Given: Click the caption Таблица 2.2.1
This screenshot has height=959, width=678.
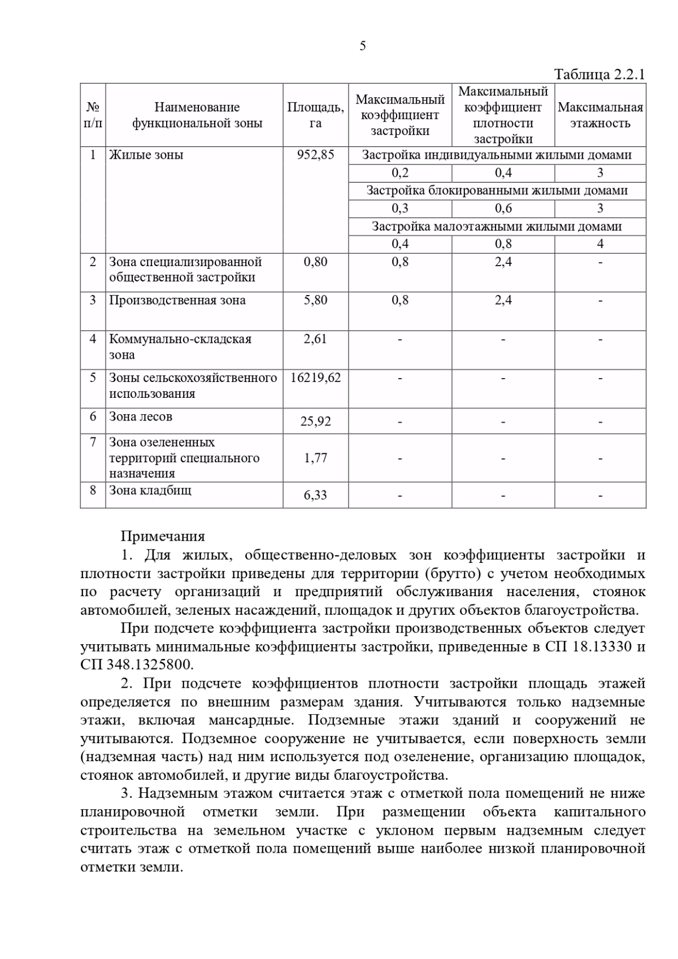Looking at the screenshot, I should click(599, 75).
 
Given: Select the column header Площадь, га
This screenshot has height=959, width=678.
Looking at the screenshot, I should click(315, 115).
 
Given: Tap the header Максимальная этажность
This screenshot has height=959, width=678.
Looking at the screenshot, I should click(600, 115).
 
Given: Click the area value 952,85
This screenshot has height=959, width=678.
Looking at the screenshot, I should click(315, 155).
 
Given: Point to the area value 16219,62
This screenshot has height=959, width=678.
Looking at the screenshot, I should click(315, 377).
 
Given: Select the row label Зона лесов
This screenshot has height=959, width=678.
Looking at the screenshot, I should click(141, 417).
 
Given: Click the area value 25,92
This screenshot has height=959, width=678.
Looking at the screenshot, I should click(315, 422).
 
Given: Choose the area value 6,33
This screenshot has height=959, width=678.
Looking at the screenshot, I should click(315, 496).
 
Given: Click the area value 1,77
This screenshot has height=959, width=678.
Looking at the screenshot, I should click(315, 458).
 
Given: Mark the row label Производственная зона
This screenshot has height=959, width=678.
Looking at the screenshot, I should click(177, 301).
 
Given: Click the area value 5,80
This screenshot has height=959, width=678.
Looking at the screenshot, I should click(315, 301).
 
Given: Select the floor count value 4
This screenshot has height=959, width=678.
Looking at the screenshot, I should click(600, 244).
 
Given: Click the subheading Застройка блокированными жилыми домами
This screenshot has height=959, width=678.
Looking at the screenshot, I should click(497, 191).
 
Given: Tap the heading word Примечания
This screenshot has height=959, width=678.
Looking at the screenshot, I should click(163, 536).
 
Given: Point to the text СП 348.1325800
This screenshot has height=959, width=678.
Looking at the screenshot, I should click(137, 664).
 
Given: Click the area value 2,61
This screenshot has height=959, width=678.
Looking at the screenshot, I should click(315, 340).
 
